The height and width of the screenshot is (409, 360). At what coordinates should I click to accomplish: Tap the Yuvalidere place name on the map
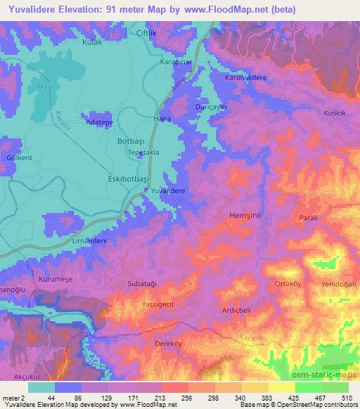click(169, 190)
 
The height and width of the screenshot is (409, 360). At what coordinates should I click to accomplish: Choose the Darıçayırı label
click(210, 107)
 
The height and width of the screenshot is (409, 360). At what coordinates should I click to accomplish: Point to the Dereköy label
click(168, 344)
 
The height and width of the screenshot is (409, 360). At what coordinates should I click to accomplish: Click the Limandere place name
click(89, 240)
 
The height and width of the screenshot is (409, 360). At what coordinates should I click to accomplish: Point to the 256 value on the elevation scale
click(166, 398)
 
